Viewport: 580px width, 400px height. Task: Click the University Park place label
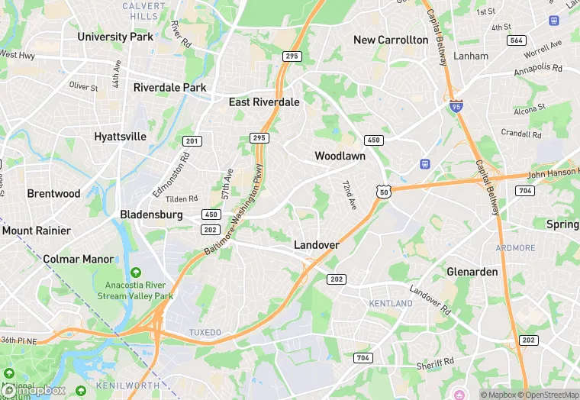point(115,37)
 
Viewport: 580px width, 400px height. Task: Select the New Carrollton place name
point(391,40)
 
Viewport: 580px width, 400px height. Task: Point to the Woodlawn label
point(340,156)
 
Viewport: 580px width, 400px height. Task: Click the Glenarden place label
point(472,272)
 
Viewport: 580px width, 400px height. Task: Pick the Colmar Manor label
point(79,259)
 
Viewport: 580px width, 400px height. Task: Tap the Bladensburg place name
point(151,215)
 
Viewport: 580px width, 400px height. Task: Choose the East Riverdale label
point(264,102)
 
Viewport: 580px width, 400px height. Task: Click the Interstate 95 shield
point(456,105)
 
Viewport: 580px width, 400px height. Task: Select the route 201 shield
point(192,140)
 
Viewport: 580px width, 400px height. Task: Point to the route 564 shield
point(517,40)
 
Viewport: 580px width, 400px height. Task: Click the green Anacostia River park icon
point(136,273)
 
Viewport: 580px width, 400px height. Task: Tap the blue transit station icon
point(426,164)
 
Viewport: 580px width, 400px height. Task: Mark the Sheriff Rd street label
point(436,366)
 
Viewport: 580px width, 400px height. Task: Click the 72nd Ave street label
point(349,195)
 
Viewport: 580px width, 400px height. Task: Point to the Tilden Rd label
point(182,198)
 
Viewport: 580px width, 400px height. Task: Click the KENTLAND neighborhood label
point(391,304)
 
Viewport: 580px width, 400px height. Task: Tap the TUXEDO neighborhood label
point(205,333)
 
